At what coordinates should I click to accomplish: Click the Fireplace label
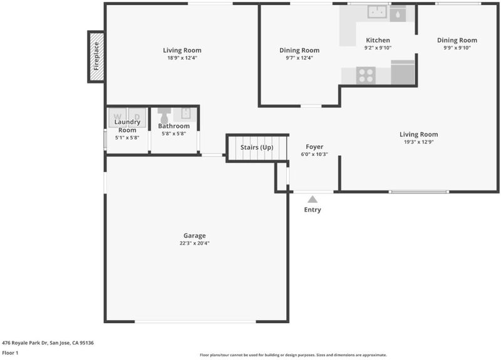click(x=96, y=56)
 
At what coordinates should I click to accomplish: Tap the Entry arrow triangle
click(x=312, y=199)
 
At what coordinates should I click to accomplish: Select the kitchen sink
click(x=378, y=12)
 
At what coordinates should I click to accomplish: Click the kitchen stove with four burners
click(x=366, y=76)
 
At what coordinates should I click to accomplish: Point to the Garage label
click(x=195, y=235)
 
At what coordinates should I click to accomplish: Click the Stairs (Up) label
click(x=257, y=147)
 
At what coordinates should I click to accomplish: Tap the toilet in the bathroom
click(x=164, y=115)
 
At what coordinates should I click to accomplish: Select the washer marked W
click(x=118, y=118)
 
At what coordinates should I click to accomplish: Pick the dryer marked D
click(x=137, y=118)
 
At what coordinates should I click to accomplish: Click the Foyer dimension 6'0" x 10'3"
click(x=314, y=154)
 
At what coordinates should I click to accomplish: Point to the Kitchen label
click(x=378, y=40)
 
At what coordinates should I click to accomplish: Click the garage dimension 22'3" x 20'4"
click(x=195, y=243)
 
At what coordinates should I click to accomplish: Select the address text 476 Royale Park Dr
click(x=25, y=342)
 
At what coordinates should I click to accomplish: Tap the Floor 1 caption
click(x=10, y=352)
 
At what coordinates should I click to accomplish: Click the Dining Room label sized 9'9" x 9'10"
click(x=457, y=40)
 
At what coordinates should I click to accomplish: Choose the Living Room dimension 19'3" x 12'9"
click(x=419, y=142)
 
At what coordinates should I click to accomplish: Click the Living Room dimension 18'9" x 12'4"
click(x=182, y=58)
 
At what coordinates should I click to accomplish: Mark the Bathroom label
click(x=174, y=126)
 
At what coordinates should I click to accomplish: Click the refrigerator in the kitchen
click(x=403, y=72)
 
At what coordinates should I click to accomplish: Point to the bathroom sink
click(x=185, y=113)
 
